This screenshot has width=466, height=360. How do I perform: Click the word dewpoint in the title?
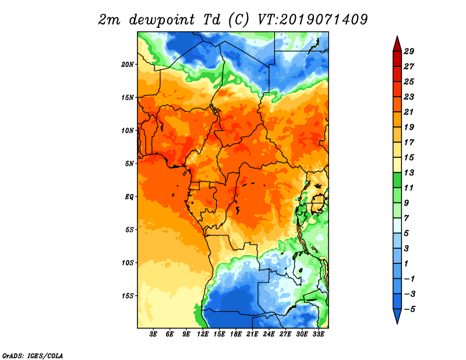click(162, 20)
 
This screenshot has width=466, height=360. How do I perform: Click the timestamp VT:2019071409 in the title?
click(312, 20)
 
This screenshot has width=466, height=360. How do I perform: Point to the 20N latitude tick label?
click(128, 65)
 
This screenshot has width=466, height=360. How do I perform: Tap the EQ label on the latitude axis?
click(129, 197)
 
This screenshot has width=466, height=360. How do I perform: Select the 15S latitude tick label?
click(128, 296)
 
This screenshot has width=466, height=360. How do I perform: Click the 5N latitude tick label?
click(129, 164)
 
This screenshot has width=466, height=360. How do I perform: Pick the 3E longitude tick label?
click(153, 334)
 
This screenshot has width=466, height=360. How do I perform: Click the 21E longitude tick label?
click(252, 334)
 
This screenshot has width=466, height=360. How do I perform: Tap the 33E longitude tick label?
click(318, 334)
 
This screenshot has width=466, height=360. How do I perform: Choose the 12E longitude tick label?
click(203, 334)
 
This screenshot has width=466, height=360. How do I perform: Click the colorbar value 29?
click(409, 51)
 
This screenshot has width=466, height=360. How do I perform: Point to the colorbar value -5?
click(409, 309)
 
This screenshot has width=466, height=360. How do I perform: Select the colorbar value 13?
click(409, 172)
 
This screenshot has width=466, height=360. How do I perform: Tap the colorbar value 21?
click(409, 112)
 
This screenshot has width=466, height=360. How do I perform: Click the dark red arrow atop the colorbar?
click(397, 45)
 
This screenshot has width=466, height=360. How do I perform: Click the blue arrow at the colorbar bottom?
click(397, 315)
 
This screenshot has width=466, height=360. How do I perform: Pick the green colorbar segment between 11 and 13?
click(397, 180)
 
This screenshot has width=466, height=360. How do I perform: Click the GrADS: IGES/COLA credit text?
click(33, 355)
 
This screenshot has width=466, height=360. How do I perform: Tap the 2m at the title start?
click(109, 20)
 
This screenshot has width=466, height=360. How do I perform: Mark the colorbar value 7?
click(407, 218)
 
